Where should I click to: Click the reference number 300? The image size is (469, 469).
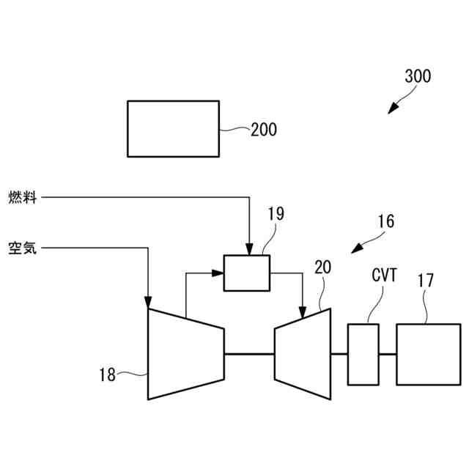(418, 75)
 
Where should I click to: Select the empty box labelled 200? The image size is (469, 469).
(173, 128)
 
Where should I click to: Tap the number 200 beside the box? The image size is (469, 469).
(264, 130)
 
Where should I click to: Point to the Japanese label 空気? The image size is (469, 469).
(23, 248)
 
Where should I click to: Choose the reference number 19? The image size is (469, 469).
(276, 214)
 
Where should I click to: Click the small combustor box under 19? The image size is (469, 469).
(246, 272)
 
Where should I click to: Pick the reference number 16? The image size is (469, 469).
(385, 221)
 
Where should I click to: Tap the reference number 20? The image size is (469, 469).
(322, 267)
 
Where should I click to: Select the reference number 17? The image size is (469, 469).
(426, 279)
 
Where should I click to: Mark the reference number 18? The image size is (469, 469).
(108, 375)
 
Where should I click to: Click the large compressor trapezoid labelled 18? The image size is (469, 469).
(185, 354)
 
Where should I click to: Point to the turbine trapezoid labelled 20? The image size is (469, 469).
(303, 354)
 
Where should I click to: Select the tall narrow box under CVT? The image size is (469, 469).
(363, 354)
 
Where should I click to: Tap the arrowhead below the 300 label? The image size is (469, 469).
(392, 108)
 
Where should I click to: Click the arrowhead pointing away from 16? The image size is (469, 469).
(355, 248)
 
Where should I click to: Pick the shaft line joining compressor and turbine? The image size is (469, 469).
(248, 354)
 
